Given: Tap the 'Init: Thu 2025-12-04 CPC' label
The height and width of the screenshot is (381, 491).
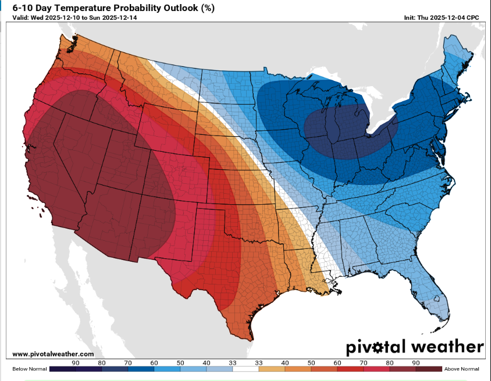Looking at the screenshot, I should pos(442,17).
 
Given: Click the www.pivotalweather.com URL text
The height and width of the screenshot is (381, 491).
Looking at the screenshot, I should pos(53,354).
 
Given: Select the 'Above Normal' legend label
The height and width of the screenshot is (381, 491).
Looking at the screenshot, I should pos(461,369).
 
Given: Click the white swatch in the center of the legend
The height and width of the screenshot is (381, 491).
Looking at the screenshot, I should pos(245,369).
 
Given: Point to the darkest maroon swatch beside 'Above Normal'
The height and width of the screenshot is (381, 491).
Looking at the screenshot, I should pos(428,369).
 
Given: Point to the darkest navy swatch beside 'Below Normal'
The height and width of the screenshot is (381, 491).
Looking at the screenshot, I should pos(62,369).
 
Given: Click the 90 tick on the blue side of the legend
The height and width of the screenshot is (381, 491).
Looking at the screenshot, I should pos(76,362).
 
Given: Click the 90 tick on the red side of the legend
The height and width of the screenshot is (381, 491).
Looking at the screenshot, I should pos(415,362).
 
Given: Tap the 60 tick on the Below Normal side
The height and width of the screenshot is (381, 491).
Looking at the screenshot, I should pos(154,362).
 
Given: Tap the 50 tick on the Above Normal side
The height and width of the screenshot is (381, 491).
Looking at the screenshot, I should pos(311,362).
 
